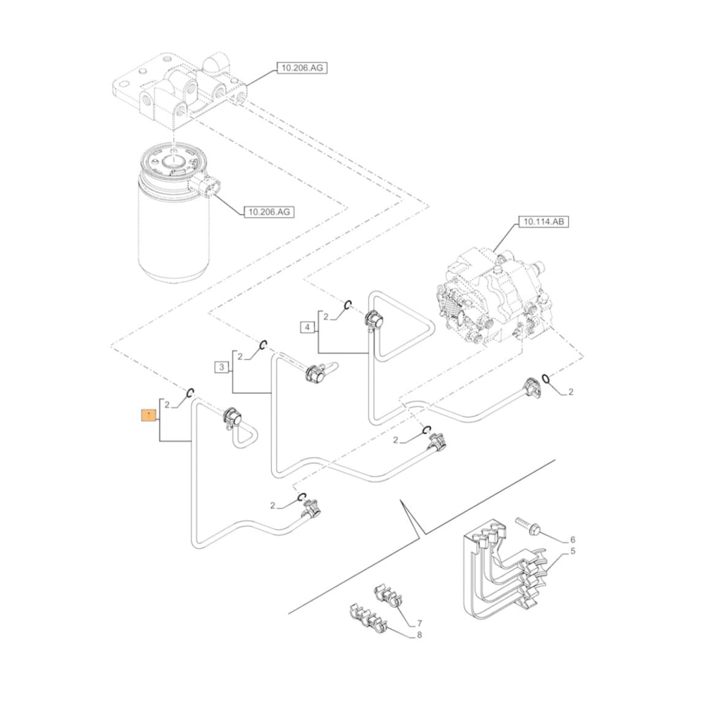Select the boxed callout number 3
pos(221,367)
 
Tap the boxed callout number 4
pos(307,327)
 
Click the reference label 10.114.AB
pos(542,222)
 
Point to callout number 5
pos(572,551)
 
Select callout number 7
pos(419,623)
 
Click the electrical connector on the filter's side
pos(207,188)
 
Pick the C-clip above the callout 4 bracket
pos(347,304)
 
